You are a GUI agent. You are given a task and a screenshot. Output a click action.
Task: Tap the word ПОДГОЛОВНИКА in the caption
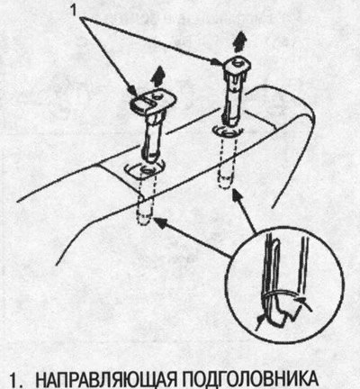250,379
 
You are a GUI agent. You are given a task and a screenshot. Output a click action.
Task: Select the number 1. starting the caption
15,381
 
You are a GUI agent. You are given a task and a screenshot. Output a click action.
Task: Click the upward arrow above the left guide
158,77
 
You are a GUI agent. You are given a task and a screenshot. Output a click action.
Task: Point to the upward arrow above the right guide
241,42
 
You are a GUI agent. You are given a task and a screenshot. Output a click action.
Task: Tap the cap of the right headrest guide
237,66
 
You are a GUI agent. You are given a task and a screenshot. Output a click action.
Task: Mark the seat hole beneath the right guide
228,131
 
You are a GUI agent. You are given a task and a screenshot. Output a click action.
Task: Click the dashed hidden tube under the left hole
146,200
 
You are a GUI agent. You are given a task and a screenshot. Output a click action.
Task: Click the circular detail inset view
285,285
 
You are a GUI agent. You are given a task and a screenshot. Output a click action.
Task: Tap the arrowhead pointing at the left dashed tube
159,222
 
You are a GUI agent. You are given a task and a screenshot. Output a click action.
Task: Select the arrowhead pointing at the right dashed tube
237,194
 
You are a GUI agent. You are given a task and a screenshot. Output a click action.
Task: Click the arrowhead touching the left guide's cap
133,91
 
